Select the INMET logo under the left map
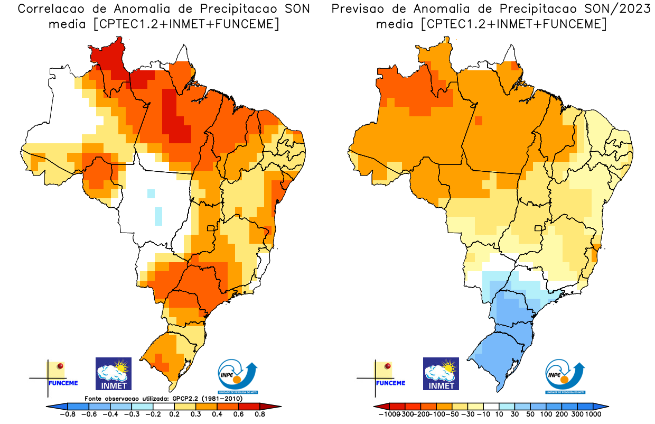point(113,374)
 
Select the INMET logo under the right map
point(441,374)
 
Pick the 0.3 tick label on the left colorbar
point(197,414)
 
